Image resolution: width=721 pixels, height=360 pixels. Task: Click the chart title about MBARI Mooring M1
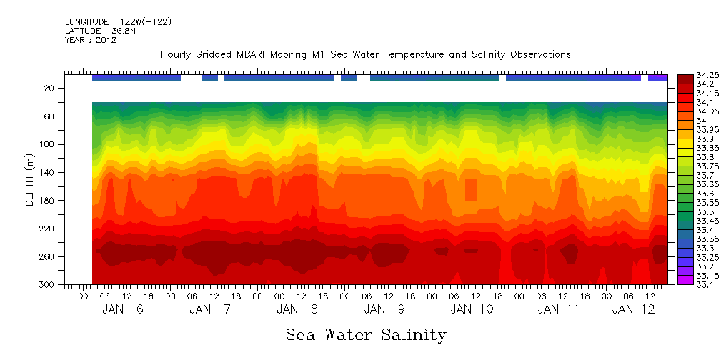pyautogui.click(x=366, y=54)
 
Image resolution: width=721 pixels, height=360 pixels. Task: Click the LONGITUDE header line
pyautogui.click(x=118, y=22)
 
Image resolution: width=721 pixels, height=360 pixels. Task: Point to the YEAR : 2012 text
pyautogui.click(x=91, y=40)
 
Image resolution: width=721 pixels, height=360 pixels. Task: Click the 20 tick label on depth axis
pyautogui.click(x=50, y=88)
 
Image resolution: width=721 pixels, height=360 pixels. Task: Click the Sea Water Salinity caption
pyautogui.click(x=366, y=334)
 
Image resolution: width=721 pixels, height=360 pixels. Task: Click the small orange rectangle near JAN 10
pyautogui.click(x=471, y=190)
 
